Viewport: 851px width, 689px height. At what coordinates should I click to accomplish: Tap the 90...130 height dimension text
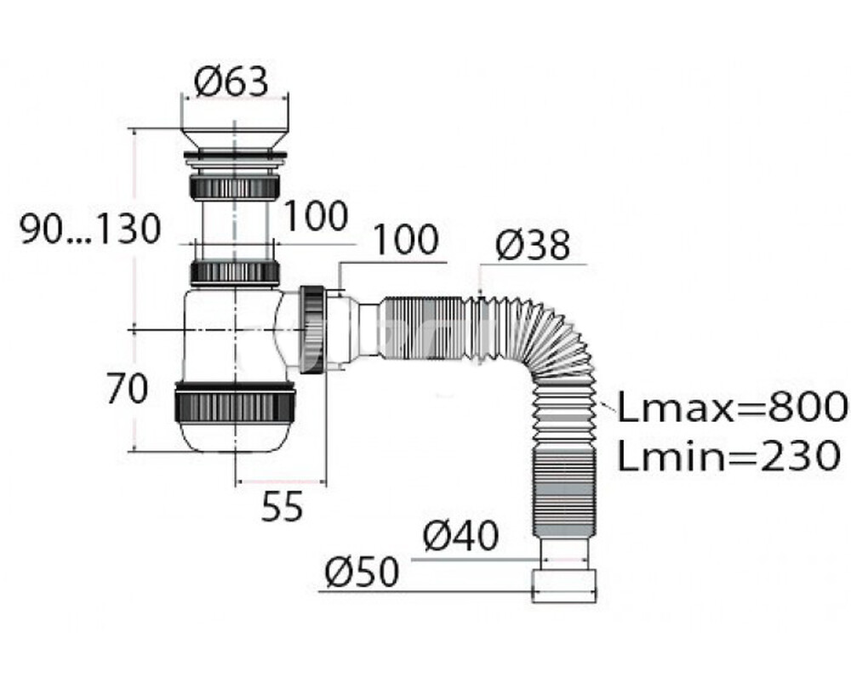pyautogui.click(x=91, y=229)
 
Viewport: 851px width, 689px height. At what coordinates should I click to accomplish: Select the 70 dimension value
pyautogui.click(x=127, y=389)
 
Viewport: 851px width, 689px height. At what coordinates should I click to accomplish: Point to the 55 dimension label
pyautogui.click(x=282, y=507)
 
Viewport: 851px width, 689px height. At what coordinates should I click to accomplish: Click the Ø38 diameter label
pyautogui.click(x=533, y=245)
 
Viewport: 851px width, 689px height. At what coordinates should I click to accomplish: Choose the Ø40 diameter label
pyautogui.click(x=460, y=536)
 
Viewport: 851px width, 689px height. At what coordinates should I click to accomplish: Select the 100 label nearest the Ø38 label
pyautogui.click(x=407, y=240)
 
